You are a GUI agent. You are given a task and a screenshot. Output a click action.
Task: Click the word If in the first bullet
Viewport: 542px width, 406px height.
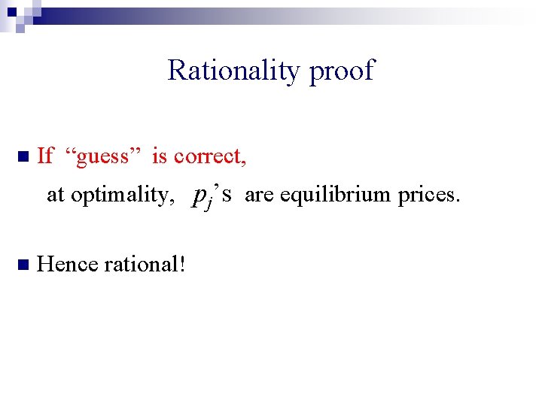[45, 156]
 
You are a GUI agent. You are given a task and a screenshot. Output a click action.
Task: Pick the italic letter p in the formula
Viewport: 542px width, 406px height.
[199, 196]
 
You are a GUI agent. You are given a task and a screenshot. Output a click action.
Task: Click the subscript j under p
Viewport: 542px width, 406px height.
[208, 202]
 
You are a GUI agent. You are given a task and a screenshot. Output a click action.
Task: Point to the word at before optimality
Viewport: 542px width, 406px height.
[56, 195]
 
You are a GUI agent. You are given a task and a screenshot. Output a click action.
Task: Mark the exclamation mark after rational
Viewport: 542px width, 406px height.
[182, 265]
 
